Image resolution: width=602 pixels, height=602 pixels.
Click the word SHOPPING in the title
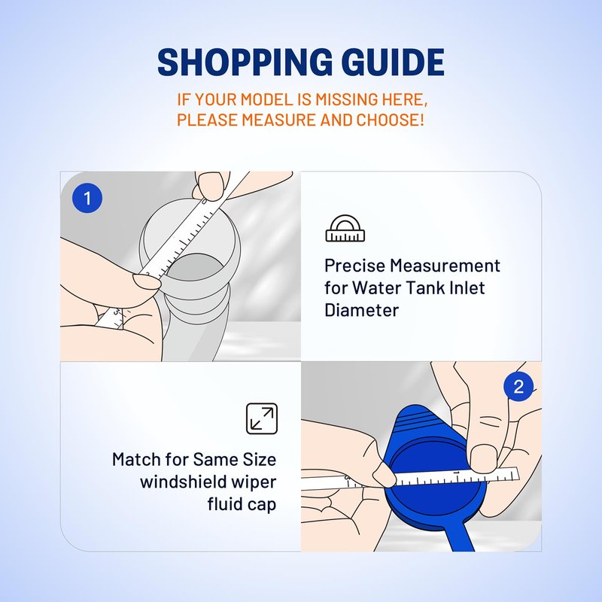(x=245, y=62)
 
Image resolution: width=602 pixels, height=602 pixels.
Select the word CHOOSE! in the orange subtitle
(x=390, y=120)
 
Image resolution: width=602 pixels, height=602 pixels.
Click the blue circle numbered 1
(x=87, y=198)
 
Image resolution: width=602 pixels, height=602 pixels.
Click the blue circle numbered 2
(x=518, y=386)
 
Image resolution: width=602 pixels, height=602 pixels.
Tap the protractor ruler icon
(x=345, y=229)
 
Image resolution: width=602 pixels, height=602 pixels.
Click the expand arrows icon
(x=261, y=418)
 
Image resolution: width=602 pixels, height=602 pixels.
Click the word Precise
(x=354, y=266)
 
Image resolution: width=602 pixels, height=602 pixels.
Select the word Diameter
(x=361, y=310)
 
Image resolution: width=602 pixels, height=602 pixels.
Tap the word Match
(x=136, y=459)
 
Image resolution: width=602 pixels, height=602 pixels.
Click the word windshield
(x=180, y=482)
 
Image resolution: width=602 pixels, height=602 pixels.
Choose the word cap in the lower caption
(x=262, y=505)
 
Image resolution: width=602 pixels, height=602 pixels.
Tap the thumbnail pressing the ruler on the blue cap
(x=484, y=458)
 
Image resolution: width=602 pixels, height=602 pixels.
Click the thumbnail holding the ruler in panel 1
(x=147, y=281)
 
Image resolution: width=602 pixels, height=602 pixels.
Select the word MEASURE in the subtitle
(x=278, y=120)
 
